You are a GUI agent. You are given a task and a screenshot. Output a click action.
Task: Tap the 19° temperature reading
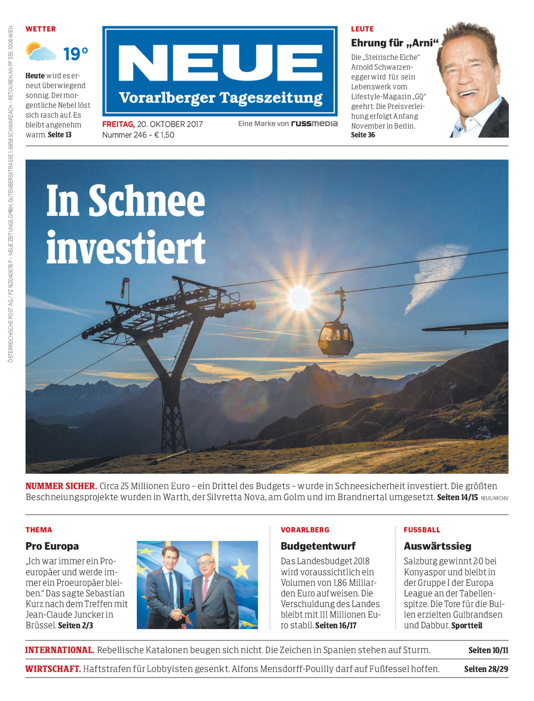tap(75, 54)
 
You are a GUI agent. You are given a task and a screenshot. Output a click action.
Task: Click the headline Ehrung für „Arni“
tap(393, 43)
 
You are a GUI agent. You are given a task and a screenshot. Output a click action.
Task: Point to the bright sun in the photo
tap(299, 298)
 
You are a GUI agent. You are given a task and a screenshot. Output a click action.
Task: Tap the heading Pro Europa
tap(52, 546)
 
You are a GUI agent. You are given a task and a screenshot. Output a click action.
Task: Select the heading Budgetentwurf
tap(318, 546)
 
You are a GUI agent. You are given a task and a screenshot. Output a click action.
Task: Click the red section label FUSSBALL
tap(422, 530)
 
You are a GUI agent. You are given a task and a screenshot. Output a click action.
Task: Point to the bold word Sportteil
tap(467, 625)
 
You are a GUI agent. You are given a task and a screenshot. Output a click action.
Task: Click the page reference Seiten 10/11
tap(488, 650)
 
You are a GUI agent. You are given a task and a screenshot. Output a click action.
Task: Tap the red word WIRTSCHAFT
tap(53, 669)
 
